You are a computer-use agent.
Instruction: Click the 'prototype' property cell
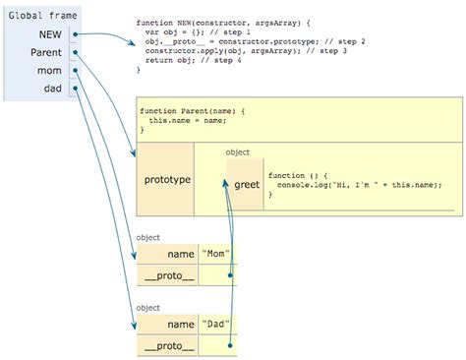(167, 180)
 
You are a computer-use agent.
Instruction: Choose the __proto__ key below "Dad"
(167, 347)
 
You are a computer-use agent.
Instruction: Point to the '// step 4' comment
(240, 61)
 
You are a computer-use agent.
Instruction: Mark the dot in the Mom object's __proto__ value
(230, 276)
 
